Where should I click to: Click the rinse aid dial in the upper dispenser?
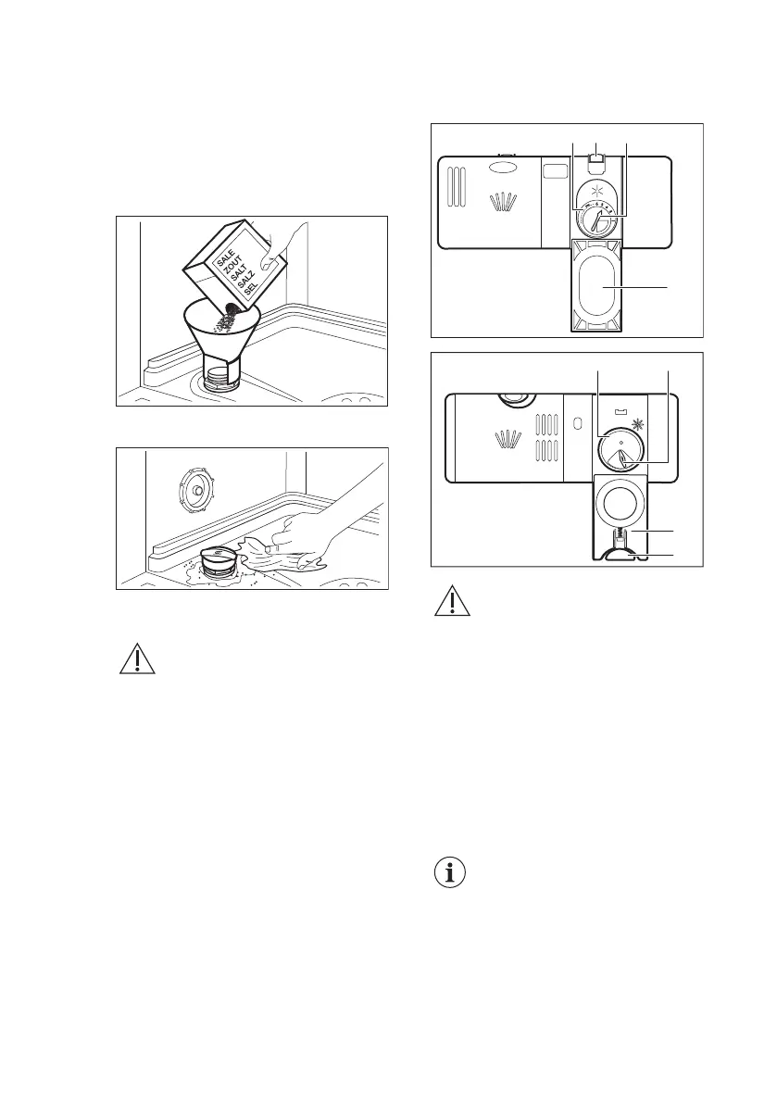click(x=593, y=222)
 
